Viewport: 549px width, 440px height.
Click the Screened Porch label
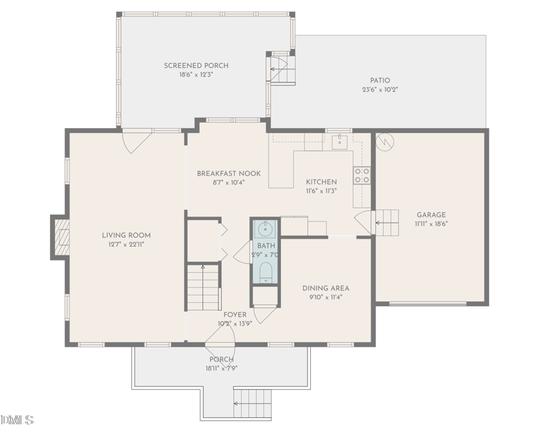tap(196, 66)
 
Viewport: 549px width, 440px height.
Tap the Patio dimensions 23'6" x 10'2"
tap(380, 89)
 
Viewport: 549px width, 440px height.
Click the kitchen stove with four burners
tap(362, 175)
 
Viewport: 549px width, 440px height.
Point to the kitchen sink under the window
tap(339, 143)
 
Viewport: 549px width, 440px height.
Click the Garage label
tap(430, 215)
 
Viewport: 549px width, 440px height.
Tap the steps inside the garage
tap(386, 223)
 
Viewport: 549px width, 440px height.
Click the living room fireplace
tap(60, 237)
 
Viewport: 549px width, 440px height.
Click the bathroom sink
tap(265, 229)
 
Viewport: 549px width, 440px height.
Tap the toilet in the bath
tap(265, 273)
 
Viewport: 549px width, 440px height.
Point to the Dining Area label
tap(326, 288)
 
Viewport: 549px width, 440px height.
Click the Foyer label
tap(235, 315)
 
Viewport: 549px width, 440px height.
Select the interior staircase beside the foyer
tap(204, 288)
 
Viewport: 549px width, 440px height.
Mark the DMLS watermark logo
tap(18, 419)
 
